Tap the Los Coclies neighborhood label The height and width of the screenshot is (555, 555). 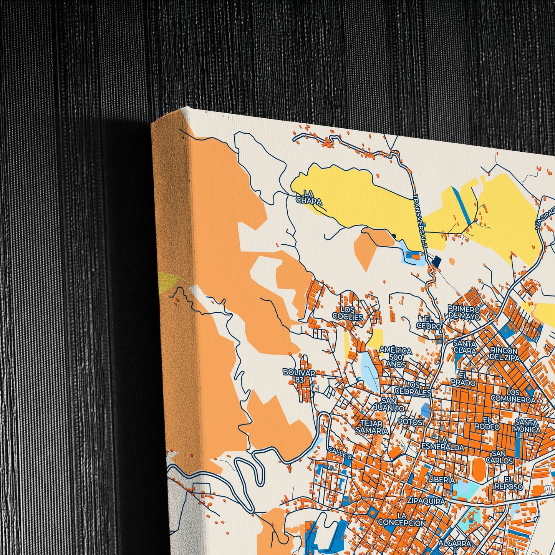click(348, 313)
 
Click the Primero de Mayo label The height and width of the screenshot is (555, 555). click(464, 313)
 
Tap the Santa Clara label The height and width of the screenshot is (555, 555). click(465, 347)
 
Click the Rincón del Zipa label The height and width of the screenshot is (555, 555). click(505, 354)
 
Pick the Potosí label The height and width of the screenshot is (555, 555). click(411, 422)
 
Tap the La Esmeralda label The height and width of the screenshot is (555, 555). click(443, 443)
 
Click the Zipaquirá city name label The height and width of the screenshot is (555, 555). click(426, 501)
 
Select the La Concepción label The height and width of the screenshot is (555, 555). click(402, 519)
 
